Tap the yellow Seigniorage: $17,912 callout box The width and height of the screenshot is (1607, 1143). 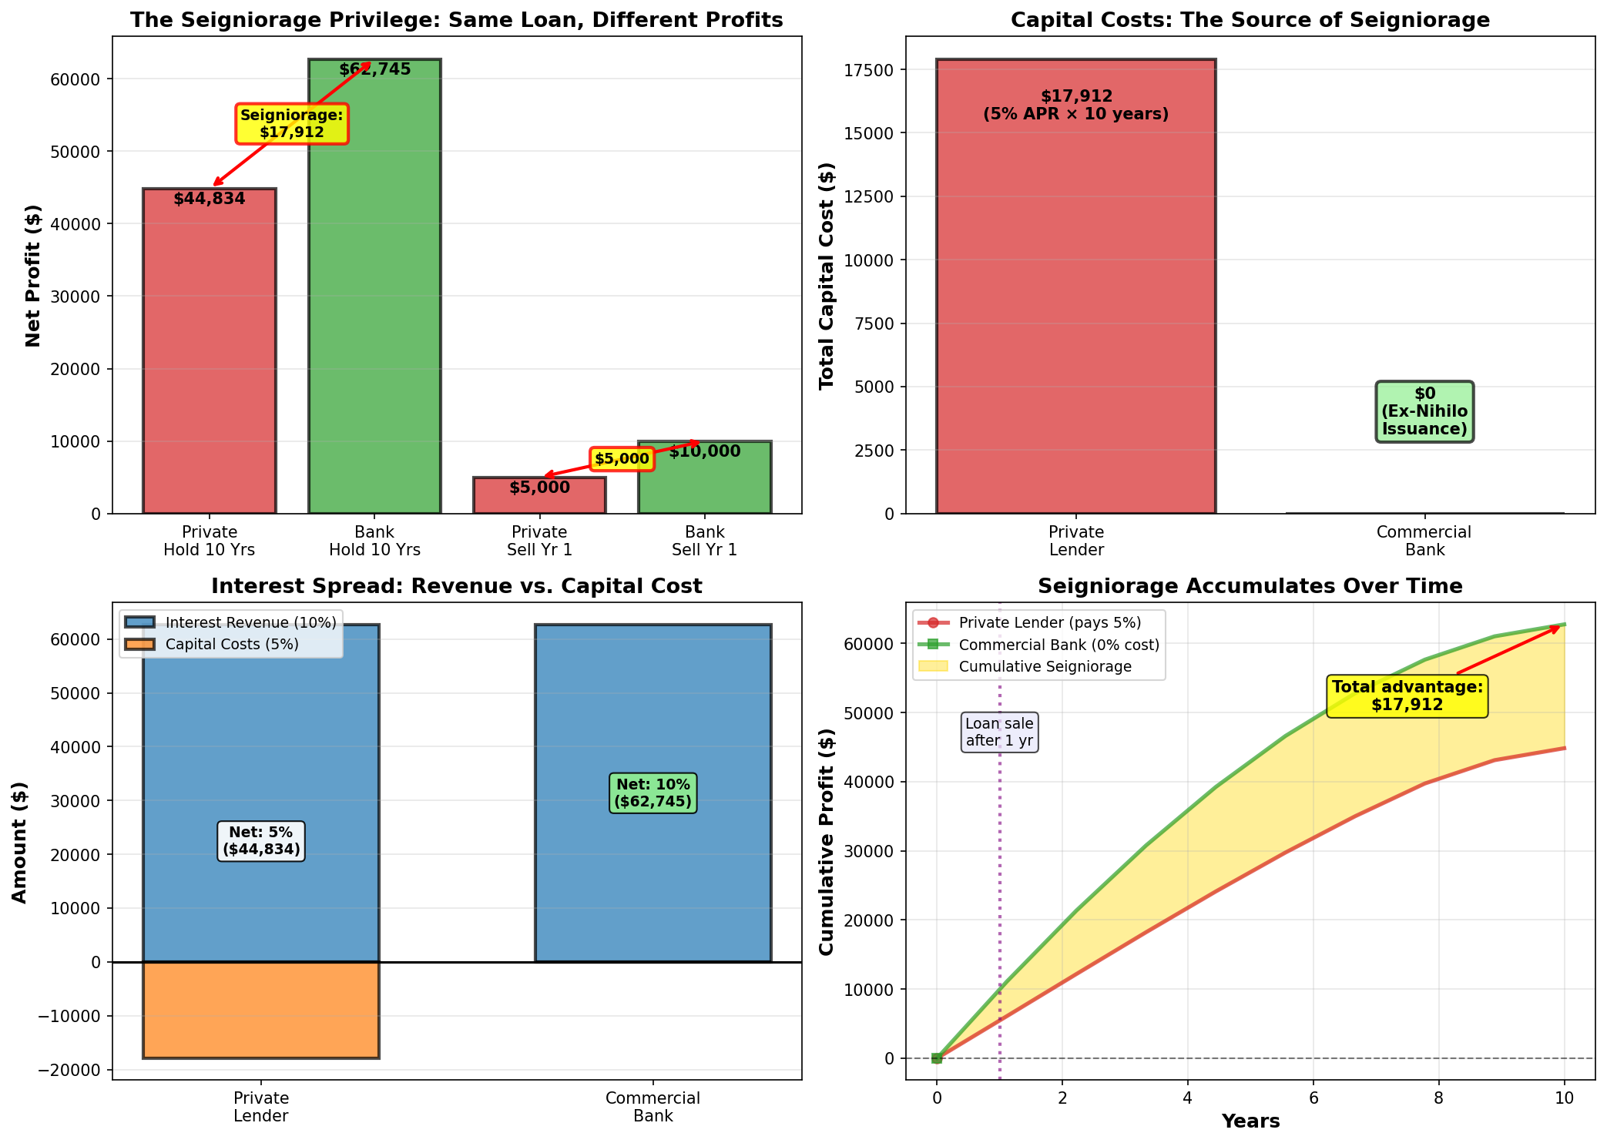(292, 124)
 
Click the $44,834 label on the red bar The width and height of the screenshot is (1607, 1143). (210, 199)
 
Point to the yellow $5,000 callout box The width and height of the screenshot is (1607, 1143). (622, 459)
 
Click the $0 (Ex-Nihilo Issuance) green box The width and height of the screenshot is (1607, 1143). (1424, 411)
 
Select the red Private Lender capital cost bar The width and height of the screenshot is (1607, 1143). (1075, 308)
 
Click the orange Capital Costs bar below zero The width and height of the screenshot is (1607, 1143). (260, 1010)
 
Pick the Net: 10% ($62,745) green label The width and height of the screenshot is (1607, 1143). (653, 793)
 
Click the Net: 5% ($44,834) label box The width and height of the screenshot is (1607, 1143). (261, 841)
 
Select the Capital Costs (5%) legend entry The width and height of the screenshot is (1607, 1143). (232, 645)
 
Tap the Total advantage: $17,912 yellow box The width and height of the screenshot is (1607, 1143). (1407, 696)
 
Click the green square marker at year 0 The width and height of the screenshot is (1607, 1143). (937, 1058)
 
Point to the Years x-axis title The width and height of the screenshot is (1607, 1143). (1250, 1121)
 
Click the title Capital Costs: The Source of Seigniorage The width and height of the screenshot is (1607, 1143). (1250, 20)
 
